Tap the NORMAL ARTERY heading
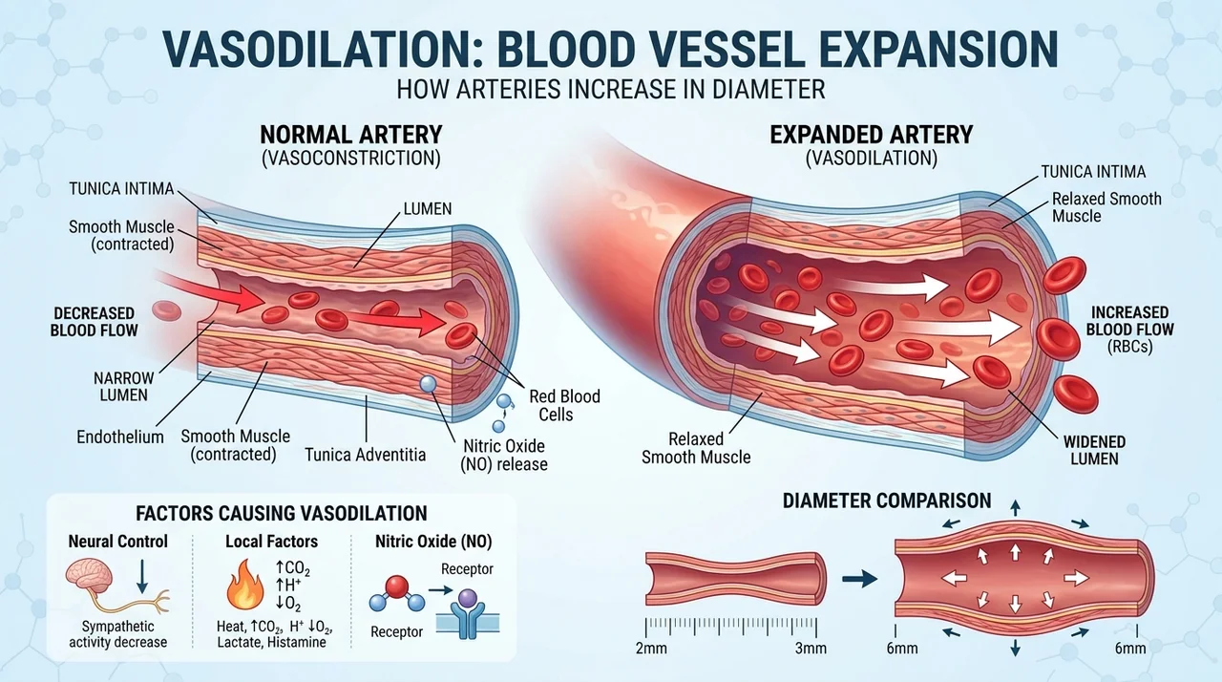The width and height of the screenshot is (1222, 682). click(350, 135)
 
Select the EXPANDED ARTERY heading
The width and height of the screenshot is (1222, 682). click(872, 135)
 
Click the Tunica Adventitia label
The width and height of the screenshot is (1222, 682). click(365, 455)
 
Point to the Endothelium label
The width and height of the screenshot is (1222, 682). click(120, 437)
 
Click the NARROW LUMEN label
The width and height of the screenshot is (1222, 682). click(124, 386)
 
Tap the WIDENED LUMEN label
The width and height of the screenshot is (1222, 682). click(1094, 450)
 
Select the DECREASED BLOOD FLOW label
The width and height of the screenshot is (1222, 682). click(94, 321)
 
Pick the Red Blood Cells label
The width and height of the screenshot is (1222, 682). click(564, 405)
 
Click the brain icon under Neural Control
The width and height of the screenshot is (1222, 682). click(89, 577)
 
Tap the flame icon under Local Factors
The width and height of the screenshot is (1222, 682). click(246, 584)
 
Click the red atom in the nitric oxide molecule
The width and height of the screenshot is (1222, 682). click(396, 587)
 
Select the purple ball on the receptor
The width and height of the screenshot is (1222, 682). click(468, 599)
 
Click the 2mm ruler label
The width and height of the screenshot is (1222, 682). click(651, 649)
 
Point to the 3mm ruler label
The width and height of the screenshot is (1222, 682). click(811, 649)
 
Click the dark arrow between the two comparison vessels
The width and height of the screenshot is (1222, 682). click(860, 578)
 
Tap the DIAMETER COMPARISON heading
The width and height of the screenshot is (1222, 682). click(887, 501)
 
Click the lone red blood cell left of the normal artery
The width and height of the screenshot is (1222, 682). click(166, 310)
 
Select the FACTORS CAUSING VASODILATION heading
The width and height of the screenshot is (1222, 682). click(282, 513)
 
